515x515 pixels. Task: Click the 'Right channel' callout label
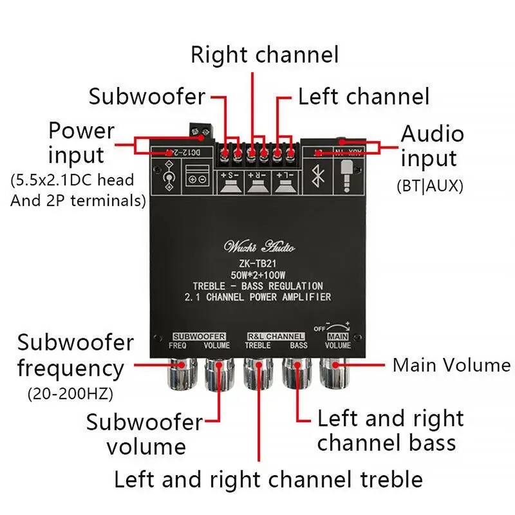265,55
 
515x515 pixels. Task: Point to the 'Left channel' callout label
362,97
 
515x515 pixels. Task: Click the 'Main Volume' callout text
451,365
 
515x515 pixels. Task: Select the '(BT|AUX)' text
429,187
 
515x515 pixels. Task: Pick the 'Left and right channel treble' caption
268,479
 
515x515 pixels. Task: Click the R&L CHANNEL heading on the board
276,336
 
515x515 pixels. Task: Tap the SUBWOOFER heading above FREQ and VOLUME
198,336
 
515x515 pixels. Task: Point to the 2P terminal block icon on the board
196,179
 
